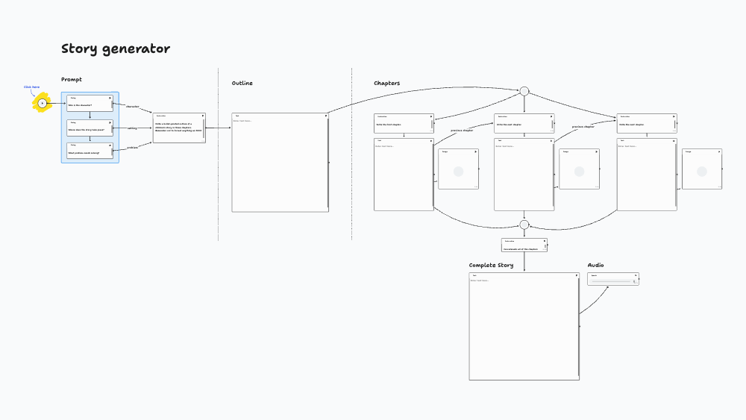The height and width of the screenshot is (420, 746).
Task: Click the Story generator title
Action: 116,49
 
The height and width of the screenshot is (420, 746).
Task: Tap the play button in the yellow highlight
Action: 42,103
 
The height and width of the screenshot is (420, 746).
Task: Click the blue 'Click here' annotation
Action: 31,87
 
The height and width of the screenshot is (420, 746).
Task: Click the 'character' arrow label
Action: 132,107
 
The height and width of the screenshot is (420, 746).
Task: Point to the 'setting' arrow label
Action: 131,128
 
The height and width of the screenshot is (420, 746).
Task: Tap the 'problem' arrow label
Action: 131,148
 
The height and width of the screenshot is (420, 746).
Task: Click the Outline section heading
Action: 242,84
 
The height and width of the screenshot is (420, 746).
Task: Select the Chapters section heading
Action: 386,84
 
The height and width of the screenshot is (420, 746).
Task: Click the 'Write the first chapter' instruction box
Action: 404,123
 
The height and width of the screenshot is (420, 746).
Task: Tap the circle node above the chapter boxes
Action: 524,91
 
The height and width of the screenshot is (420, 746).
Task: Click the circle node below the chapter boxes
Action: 524,225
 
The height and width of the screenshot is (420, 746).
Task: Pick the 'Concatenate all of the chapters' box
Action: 524,245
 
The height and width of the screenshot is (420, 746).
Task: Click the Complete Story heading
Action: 491,266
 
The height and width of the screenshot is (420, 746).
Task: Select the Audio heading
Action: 595,266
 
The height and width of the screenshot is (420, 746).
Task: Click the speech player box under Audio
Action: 613,279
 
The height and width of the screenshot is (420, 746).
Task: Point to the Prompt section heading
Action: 72,80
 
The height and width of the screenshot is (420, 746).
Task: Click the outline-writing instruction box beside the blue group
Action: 179,128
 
